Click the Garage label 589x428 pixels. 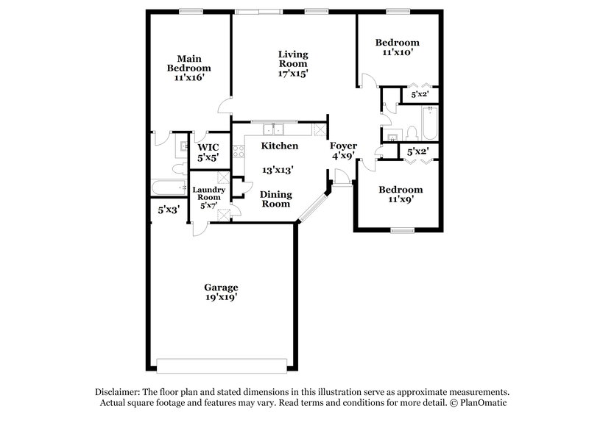[x=221, y=287]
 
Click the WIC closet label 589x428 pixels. [x=208, y=146]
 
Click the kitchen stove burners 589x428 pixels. [x=238, y=152]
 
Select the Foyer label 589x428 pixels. [x=343, y=146]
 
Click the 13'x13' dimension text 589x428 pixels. [x=278, y=169]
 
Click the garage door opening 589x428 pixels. [x=222, y=366]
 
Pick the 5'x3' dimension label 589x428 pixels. [x=169, y=210]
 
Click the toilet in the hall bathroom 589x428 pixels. [x=412, y=133]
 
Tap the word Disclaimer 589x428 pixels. [x=119, y=393]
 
